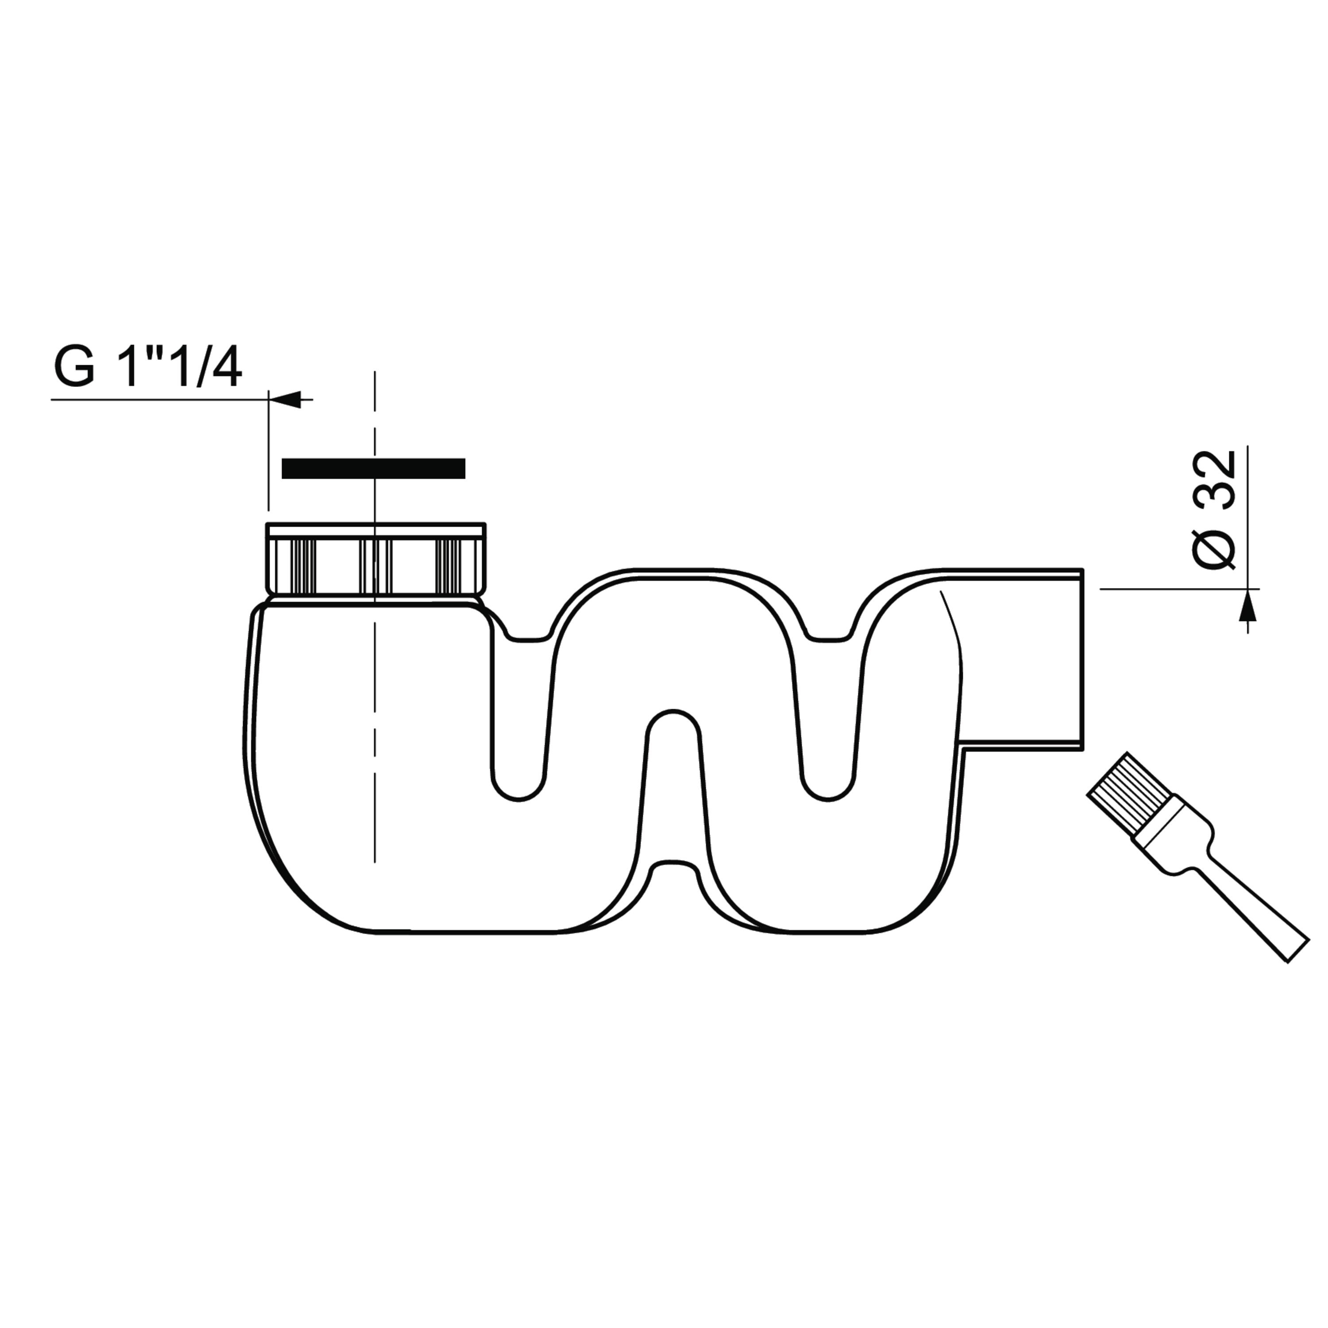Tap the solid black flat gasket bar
[373, 468]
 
